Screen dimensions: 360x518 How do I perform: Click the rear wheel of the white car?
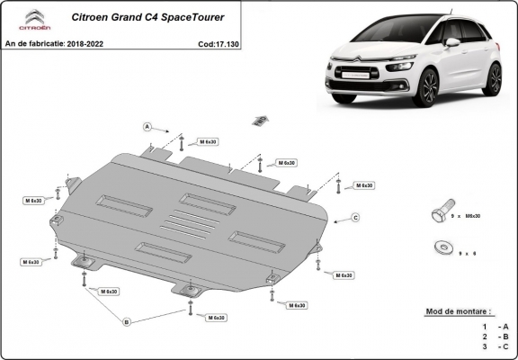pyautogui.click(x=493, y=78)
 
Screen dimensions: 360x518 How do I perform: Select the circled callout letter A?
pyautogui.click(x=146, y=125)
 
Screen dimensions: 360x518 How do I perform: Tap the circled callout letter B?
pyautogui.click(x=127, y=321)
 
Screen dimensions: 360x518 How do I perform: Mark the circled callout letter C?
pyautogui.click(x=355, y=218)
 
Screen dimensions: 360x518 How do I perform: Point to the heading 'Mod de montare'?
pyautogui.click(x=459, y=311)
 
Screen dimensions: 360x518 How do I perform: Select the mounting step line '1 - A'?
pyautogui.click(x=496, y=326)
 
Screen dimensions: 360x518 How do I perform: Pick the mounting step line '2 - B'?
pyautogui.click(x=496, y=336)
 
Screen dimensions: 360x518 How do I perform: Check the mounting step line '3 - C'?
pyautogui.click(x=496, y=346)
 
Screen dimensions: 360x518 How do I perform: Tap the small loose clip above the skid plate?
pyautogui.click(x=260, y=119)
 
